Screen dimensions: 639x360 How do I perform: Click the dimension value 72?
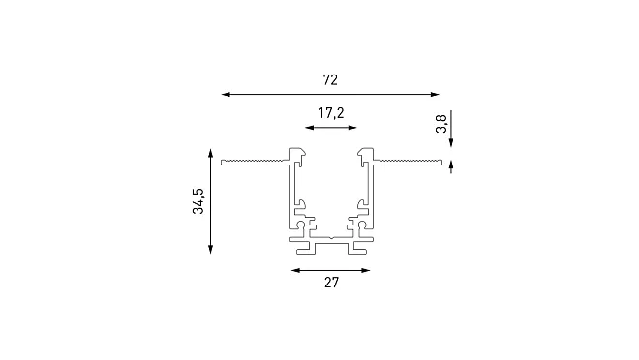[x=330, y=79]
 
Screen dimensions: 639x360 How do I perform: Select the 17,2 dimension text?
[x=331, y=113]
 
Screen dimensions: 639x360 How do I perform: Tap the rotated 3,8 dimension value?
[x=441, y=124]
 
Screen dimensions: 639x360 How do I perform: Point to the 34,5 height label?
[x=198, y=200]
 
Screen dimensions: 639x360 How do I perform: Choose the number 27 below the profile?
[x=331, y=283]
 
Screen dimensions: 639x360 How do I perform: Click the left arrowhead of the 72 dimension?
[x=227, y=95]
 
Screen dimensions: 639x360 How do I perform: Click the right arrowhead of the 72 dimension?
[x=435, y=95]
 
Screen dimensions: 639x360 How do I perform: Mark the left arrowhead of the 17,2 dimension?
[x=310, y=128]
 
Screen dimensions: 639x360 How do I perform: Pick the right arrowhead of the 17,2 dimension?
[x=352, y=128]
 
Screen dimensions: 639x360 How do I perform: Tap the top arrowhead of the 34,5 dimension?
[x=210, y=154]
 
